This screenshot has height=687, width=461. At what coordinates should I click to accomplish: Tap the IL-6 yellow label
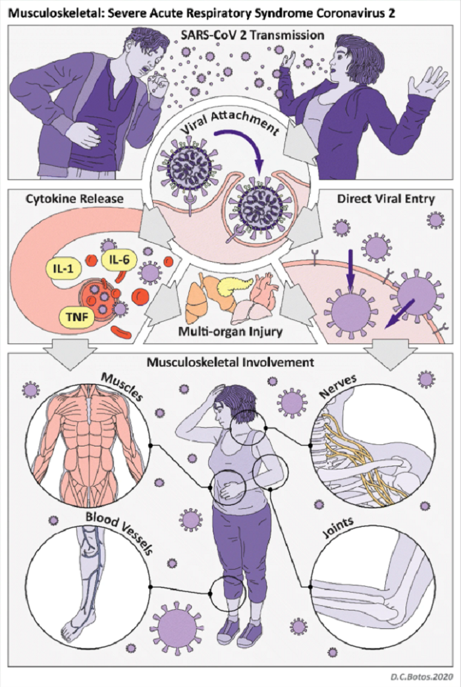click(119, 260)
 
